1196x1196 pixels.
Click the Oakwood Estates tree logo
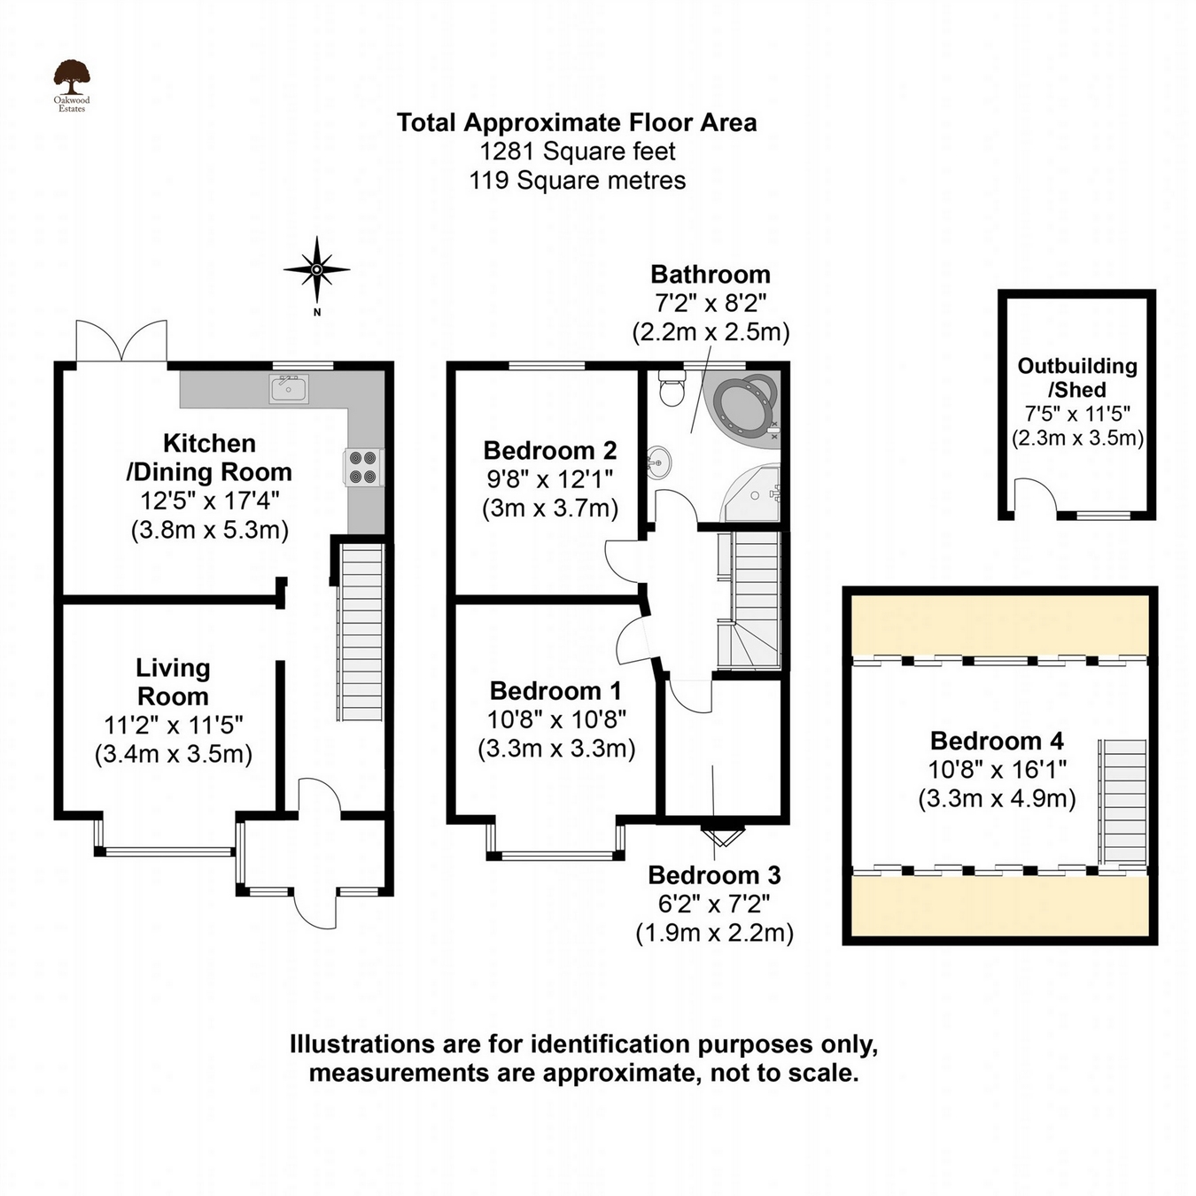pyautogui.click(x=71, y=80)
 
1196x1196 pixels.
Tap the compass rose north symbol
pyautogui.click(x=316, y=269)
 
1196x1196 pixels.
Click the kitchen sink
pyautogui.click(x=289, y=388)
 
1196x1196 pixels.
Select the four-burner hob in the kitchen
pyautogui.click(x=362, y=467)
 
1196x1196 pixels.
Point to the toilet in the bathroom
pyautogui.click(x=672, y=388)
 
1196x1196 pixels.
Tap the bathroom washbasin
pyautogui.click(x=659, y=462)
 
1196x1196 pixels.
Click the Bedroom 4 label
pyautogui.click(x=997, y=741)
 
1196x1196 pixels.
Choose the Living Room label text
pyautogui.click(x=173, y=681)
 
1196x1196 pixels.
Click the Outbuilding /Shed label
pyautogui.click(x=1076, y=377)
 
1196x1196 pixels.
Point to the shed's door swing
pyautogui.click(x=1030, y=497)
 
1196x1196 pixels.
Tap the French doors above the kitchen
pyautogui.click(x=122, y=342)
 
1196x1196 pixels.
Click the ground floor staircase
pyautogui.click(x=361, y=633)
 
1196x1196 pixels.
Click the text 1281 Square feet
pyautogui.click(x=577, y=151)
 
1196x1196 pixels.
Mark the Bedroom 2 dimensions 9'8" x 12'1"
pyautogui.click(x=549, y=479)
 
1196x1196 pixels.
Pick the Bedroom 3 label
pyautogui.click(x=714, y=875)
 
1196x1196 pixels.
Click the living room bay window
pyautogui.click(x=167, y=851)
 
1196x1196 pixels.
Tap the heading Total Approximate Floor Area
pyautogui.click(x=577, y=122)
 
